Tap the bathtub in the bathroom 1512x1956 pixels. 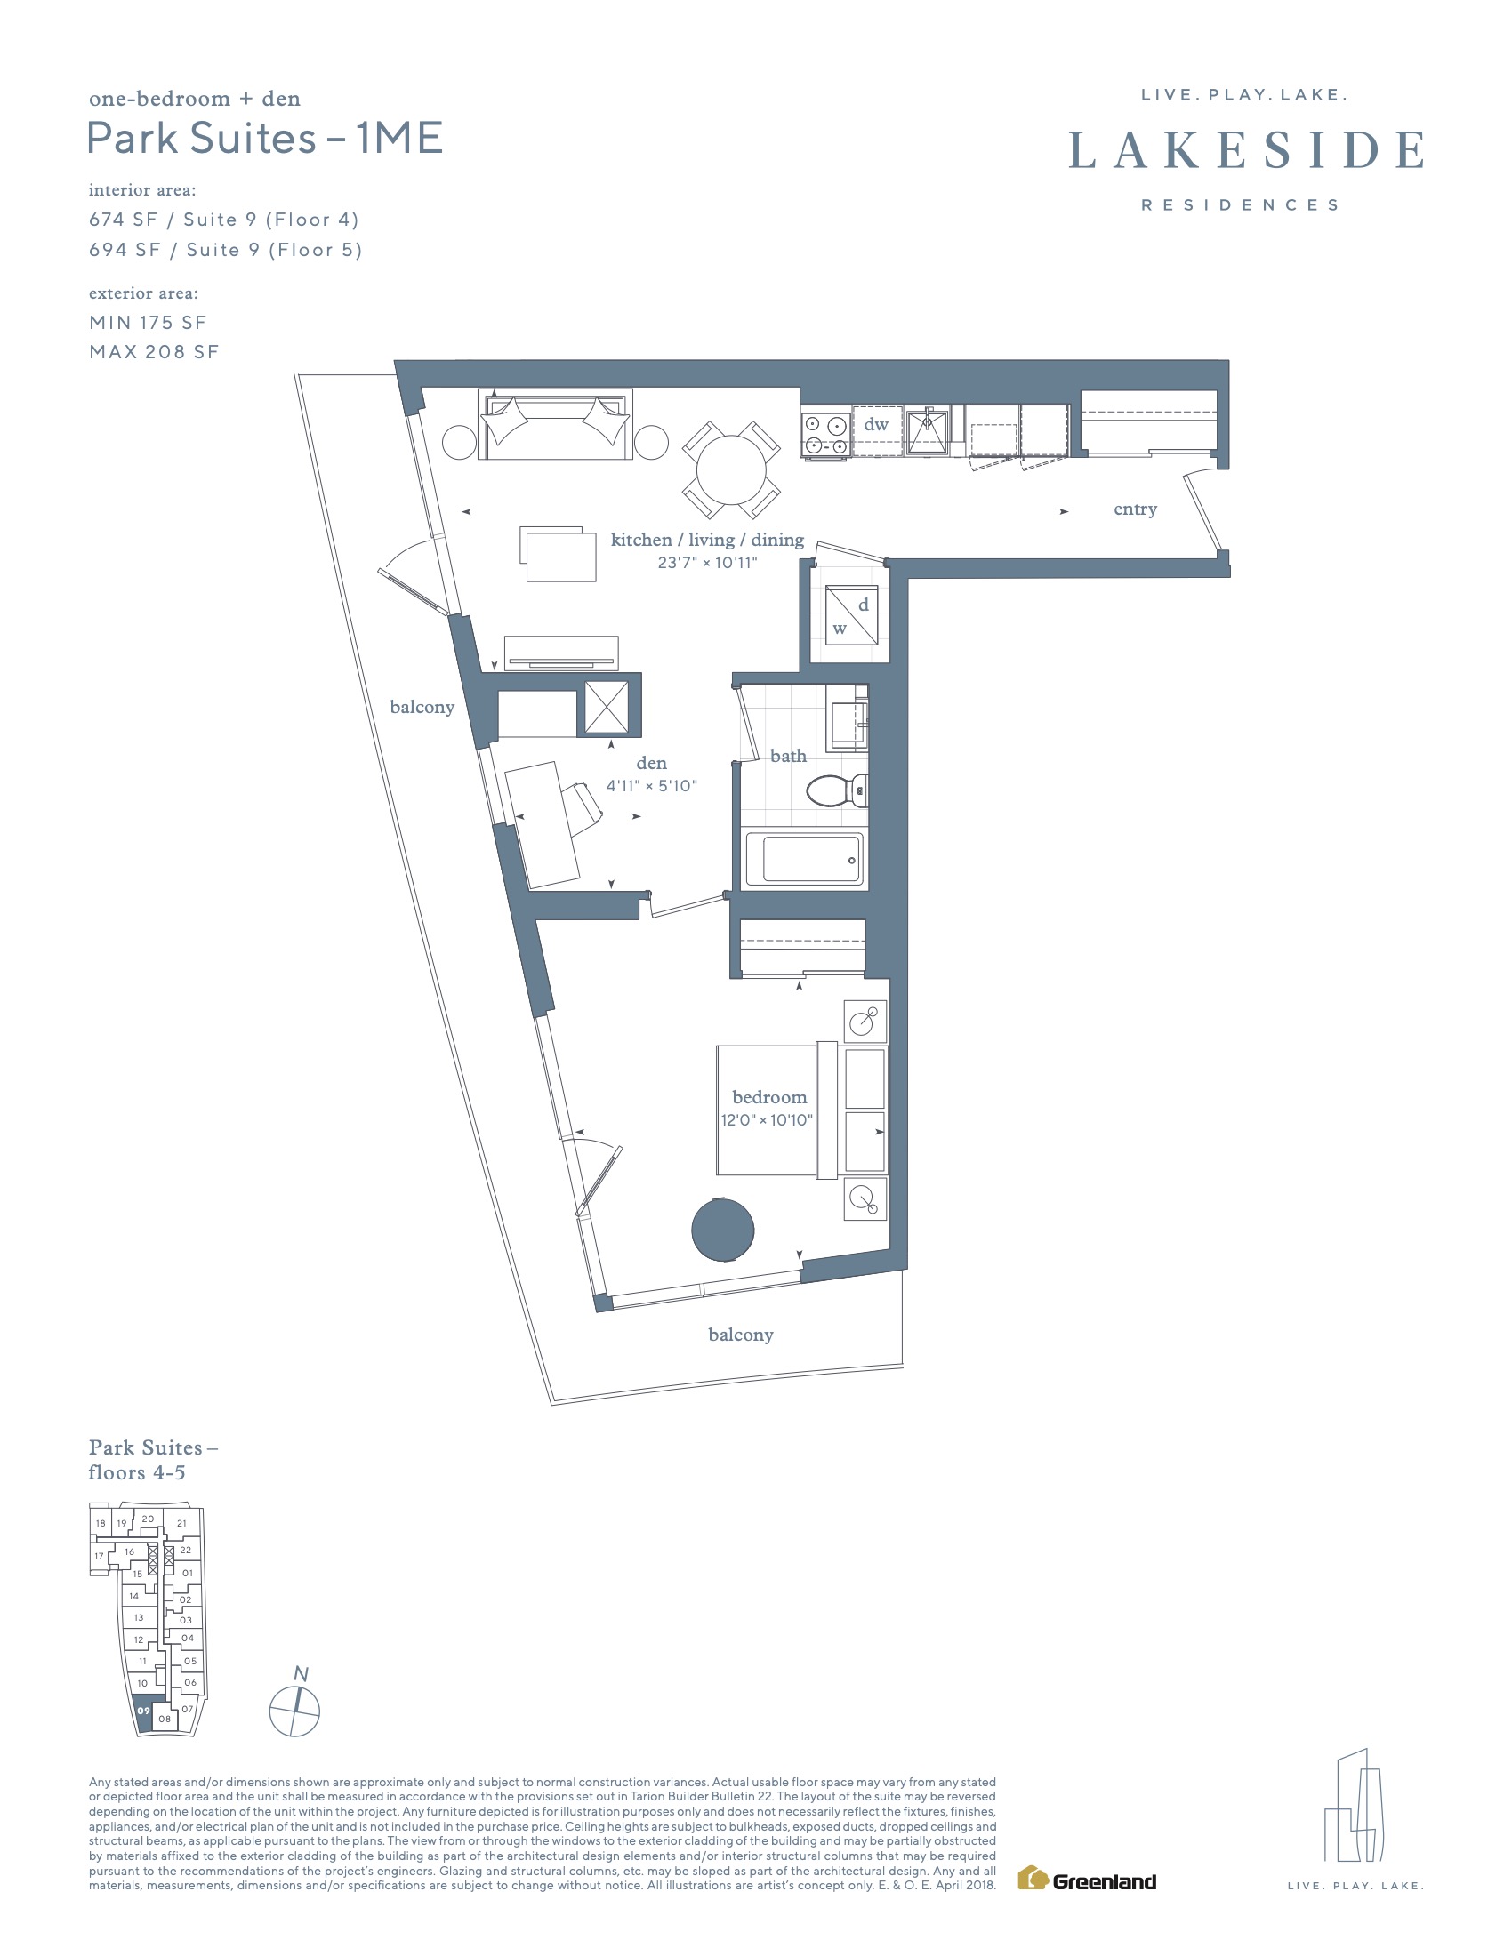pos(804,859)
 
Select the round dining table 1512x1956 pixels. pos(731,470)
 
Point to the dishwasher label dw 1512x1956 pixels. pos(876,423)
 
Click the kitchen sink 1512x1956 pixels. pos(927,431)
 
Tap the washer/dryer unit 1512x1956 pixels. pos(851,615)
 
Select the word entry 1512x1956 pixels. pos(1135,509)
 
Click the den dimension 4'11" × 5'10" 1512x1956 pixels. pos(651,786)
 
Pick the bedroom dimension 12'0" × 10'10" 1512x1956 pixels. pos(767,1120)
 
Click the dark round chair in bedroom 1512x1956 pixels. pos(723,1230)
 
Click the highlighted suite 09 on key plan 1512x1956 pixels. pos(143,1711)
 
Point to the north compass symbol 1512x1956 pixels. pos(294,1711)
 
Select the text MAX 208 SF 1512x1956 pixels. pos(154,352)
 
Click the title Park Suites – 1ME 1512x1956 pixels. pos(265,139)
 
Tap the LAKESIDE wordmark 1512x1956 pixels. pos(1245,149)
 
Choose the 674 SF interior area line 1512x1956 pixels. pos(224,220)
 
